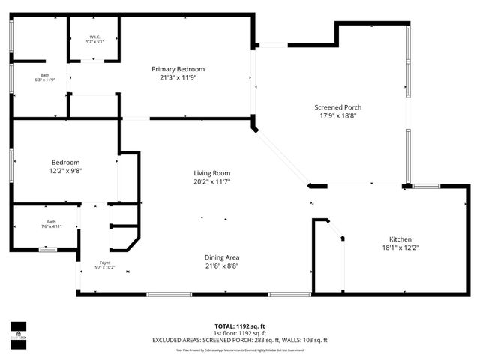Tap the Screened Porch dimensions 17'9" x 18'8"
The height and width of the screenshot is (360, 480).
[337, 115]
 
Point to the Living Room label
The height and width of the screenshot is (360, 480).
[211, 173]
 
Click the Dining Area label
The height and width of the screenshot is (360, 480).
[222, 257]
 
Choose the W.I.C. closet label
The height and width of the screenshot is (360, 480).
[94, 37]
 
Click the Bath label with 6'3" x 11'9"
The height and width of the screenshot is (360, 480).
[45, 74]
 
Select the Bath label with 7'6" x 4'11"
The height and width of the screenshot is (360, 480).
[51, 222]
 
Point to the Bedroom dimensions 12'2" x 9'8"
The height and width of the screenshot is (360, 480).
[66, 171]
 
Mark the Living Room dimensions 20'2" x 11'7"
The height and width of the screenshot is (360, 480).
[211, 181]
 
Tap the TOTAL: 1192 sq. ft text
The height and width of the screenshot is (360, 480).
[240, 326]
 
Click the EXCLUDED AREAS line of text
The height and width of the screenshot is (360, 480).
[240, 340]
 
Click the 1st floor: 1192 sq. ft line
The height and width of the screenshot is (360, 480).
[240, 333]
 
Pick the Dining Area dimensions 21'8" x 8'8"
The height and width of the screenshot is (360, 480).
[222, 265]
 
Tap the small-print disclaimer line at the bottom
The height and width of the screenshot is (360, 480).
[240, 349]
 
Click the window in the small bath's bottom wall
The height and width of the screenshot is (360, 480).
[48, 249]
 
